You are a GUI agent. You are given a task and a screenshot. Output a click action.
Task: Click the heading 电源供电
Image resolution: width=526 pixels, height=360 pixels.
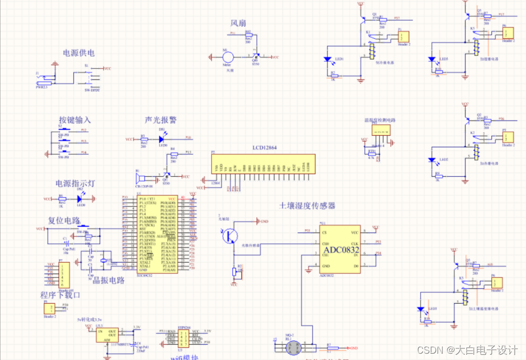pos(79,53)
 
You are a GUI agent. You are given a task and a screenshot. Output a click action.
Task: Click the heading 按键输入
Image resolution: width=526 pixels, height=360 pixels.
pos(75,121)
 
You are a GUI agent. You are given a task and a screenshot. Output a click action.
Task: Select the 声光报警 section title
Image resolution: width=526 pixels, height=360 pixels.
pos(161,121)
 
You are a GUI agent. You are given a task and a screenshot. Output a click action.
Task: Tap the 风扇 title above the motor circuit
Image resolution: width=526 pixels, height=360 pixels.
pos(239,23)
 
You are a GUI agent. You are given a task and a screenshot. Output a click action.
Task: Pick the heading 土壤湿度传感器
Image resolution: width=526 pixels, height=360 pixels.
pos(307,206)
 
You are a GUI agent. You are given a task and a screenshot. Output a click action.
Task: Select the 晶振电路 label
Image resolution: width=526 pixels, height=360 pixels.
pos(108,281)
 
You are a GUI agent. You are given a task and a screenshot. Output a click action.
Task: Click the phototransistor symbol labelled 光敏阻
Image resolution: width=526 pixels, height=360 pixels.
pos(229,235)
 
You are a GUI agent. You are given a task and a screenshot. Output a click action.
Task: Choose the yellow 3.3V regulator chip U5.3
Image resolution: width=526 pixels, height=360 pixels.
pos(107,335)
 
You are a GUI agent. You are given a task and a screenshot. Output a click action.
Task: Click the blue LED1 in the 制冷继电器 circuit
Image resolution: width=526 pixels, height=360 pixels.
pos(327,59)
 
